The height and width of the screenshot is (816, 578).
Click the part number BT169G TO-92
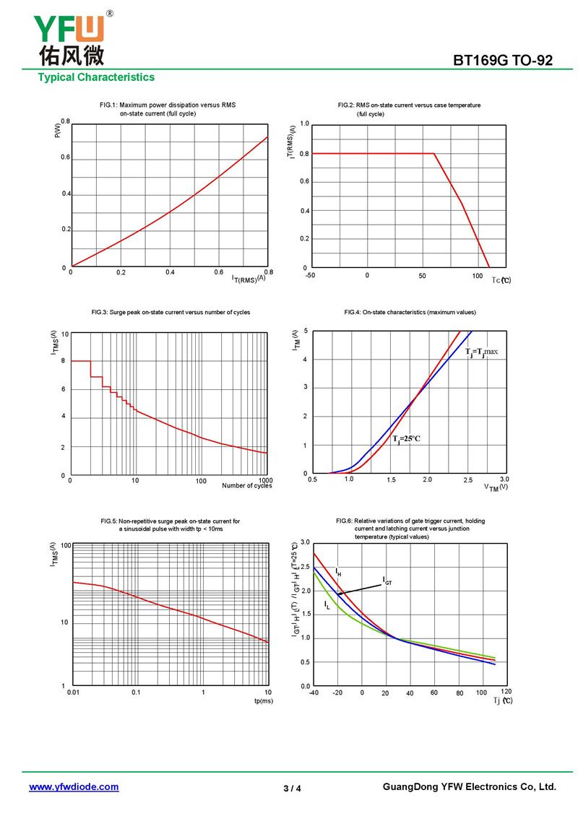(x=502, y=61)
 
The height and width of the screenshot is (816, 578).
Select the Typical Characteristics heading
(x=96, y=77)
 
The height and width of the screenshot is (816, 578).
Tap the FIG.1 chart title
(x=168, y=109)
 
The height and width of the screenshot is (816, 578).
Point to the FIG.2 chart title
(x=409, y=109)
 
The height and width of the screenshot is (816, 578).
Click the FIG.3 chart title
(x=171, y=312)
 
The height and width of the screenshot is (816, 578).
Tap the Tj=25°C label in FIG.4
(x=406, y=438)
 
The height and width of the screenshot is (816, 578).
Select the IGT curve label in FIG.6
(x=387, y=580)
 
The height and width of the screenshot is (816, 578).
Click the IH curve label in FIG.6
(x=338, y=572)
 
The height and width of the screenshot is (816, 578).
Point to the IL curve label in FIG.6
(x=327, y=604)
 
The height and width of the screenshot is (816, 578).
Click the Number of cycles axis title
(x=247, y=486)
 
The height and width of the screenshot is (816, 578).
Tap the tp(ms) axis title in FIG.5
(x=263, y=700)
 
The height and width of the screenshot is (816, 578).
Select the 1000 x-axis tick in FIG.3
(x=264, y=479)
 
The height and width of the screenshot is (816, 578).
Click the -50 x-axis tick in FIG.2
(x=310, y=276)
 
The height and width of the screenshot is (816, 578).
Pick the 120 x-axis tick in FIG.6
(x=506, y=692)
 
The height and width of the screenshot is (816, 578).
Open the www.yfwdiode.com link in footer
(x=74, y=787)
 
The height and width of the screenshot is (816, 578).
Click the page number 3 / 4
(x=292, y=789)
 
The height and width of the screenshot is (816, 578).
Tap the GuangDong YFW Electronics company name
(x=469, y=787)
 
